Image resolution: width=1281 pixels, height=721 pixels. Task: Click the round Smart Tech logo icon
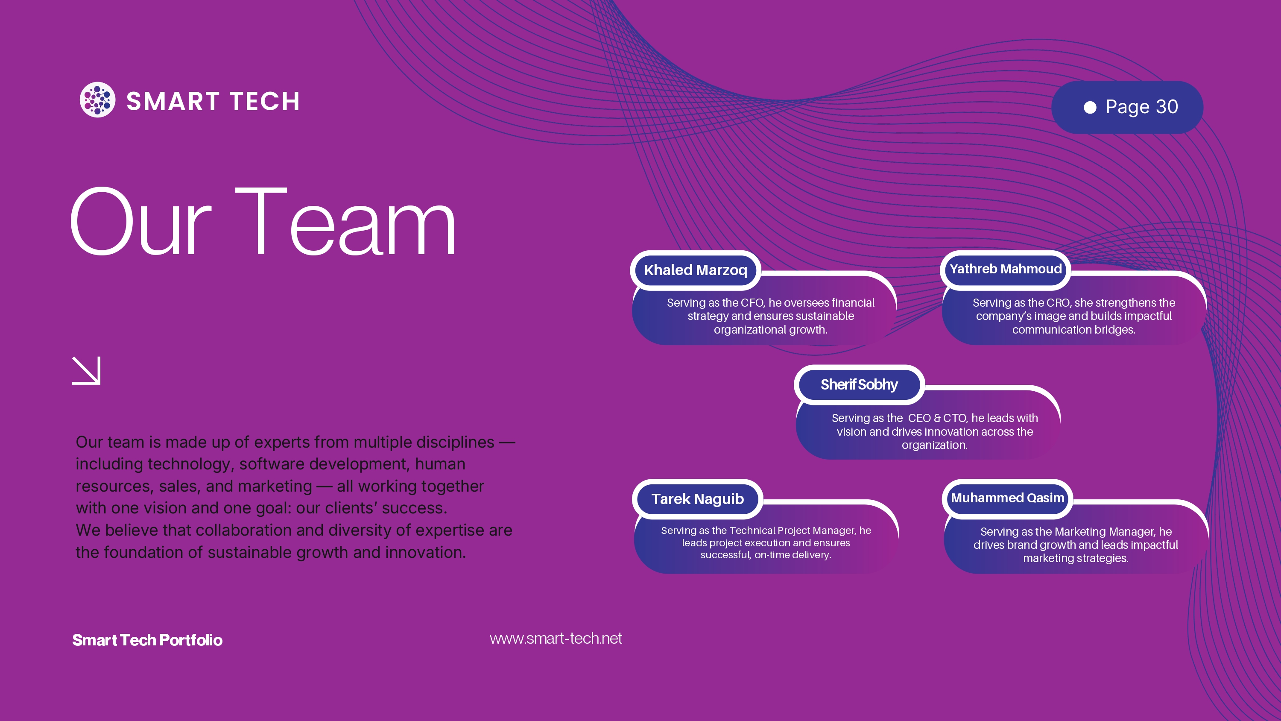[97, 100]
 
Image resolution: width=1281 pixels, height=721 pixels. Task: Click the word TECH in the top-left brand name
[265, 102]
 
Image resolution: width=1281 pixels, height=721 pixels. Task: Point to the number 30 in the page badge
[1167, 106]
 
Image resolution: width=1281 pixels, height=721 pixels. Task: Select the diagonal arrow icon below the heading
[87, 370]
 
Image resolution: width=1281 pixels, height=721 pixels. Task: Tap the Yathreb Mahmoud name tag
[1006, 269]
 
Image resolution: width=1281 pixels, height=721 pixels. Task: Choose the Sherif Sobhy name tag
[859, 384]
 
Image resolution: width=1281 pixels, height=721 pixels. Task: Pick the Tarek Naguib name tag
[698, 499]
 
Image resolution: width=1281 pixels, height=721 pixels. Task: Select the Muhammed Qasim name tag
[1007, 498]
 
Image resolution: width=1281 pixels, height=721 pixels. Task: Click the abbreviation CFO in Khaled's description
[752, 302]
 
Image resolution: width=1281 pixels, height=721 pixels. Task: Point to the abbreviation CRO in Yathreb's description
[1058, 302]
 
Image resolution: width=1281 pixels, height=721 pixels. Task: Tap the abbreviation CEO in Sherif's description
[919, 418]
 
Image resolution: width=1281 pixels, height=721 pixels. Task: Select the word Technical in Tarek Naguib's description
[752, 530]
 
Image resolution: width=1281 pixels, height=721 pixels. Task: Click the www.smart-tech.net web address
[556, 639]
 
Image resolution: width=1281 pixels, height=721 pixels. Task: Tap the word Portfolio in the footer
[191, 640]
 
